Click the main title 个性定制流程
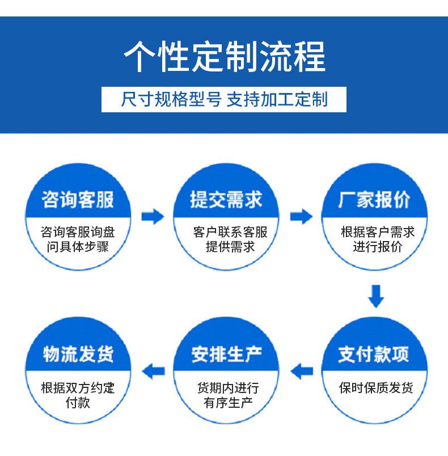coord(225,57)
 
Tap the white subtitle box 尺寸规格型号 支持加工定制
coord(224,99)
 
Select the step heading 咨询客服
coord(78,200)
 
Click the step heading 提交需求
coord(226,200)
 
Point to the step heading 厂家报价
coord(374,200)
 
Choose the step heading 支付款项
coord(374,354)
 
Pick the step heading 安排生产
coord(226,354)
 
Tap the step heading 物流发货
coord(78,354)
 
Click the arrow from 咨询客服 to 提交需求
coord(153,216)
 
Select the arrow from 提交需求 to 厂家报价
coord(302,216)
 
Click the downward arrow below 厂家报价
coord(376,296)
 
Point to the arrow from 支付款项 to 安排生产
coord(302,371)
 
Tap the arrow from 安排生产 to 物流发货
coord(154,371)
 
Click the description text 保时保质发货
coord(376,388)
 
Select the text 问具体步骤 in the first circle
coord(78,247)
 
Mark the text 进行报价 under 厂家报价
coord(378,247)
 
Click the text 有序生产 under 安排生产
coord(228,403)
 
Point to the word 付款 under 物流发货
coord(78,403)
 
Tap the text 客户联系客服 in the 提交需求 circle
coord(230,232)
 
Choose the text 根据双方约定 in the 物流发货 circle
coord(78,388)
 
